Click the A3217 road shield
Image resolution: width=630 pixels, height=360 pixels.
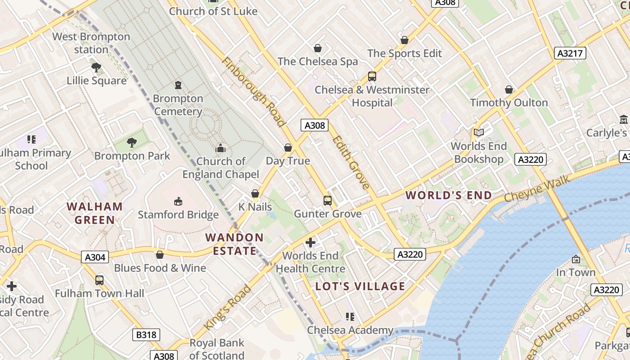(x=570, y=53)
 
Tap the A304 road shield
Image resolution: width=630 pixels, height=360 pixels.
(x=95, y=257)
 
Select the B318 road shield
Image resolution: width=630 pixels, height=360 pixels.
(x=146, y=335)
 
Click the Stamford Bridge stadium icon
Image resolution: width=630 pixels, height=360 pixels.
(x=178, y=201)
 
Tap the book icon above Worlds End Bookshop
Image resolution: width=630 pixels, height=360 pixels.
(x=479, y=132)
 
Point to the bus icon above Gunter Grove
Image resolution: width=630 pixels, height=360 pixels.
(x=328, y=200)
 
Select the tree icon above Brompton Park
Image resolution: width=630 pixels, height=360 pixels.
(x=132, y=143)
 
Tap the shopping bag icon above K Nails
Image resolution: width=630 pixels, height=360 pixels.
(x=255, y=193)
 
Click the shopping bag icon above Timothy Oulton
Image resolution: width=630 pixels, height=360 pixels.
(x=509, y=90)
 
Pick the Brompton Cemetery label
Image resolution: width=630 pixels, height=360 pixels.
(x=178, y=105)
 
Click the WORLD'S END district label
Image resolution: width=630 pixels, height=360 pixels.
(x=449, y=195)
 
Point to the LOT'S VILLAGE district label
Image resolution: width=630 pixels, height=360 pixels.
(x=360, y=286)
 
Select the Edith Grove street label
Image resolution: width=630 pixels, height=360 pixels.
(x=351, y=162)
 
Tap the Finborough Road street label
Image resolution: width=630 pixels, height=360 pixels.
(x=254, y=92)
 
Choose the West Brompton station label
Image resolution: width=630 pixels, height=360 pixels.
(x=91, y=43)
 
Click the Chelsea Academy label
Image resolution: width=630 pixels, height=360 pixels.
(x=350, y=330)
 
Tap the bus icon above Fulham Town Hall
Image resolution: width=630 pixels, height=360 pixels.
(x=99, y=280)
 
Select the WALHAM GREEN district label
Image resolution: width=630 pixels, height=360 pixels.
(x=94, y=213)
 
